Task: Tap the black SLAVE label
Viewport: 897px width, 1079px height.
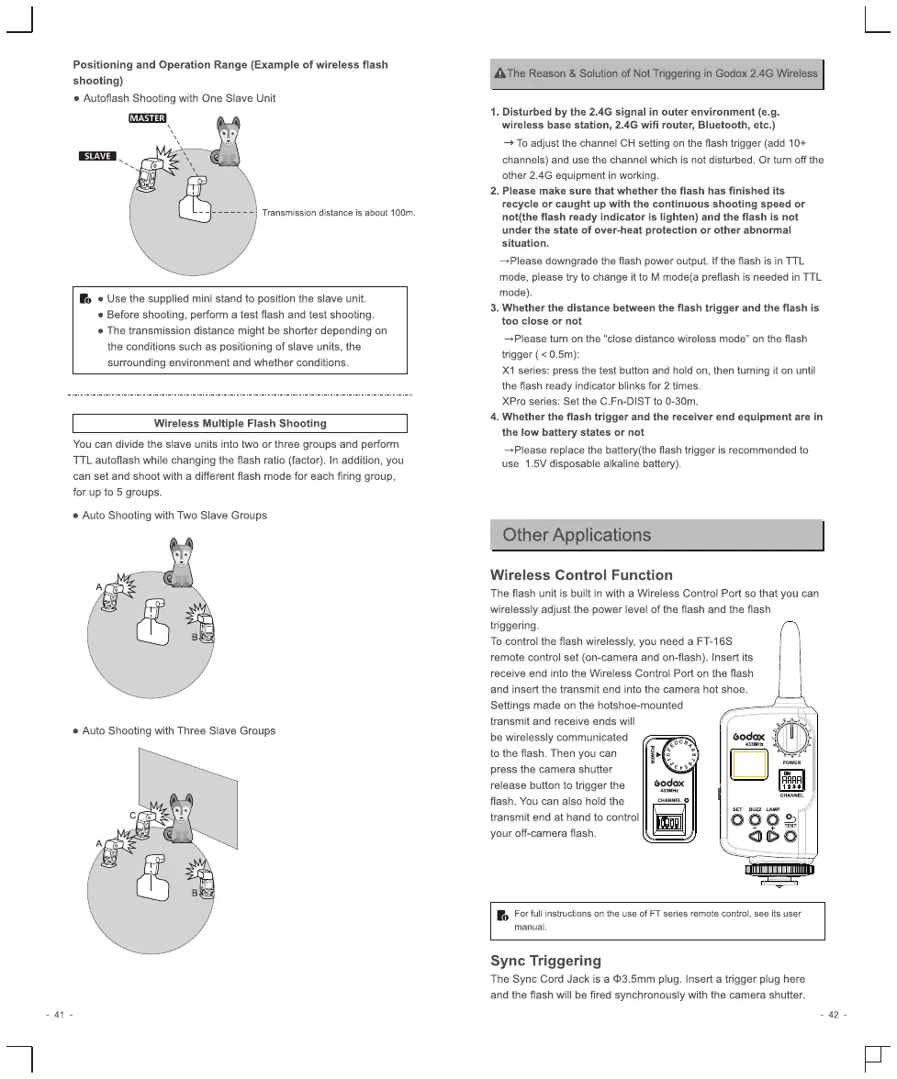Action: coord(96,156)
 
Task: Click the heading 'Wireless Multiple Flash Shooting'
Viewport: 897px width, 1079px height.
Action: coord(240,423)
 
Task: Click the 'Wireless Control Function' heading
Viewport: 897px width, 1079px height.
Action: coord(581,575)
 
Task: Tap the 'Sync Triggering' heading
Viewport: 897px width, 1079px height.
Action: coord(545,961)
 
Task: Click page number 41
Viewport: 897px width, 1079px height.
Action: coord(59,1014)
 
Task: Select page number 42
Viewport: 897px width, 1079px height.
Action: coord(834,1014)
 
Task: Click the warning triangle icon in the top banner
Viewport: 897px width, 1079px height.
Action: coord(499,73)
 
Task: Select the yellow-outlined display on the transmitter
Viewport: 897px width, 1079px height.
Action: coord(748,762)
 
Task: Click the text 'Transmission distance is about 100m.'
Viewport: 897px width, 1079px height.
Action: coord(339,214)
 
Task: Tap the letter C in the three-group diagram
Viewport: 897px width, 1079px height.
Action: coord(132,814)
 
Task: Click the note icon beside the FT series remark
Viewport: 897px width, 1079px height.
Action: coord(502,916)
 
